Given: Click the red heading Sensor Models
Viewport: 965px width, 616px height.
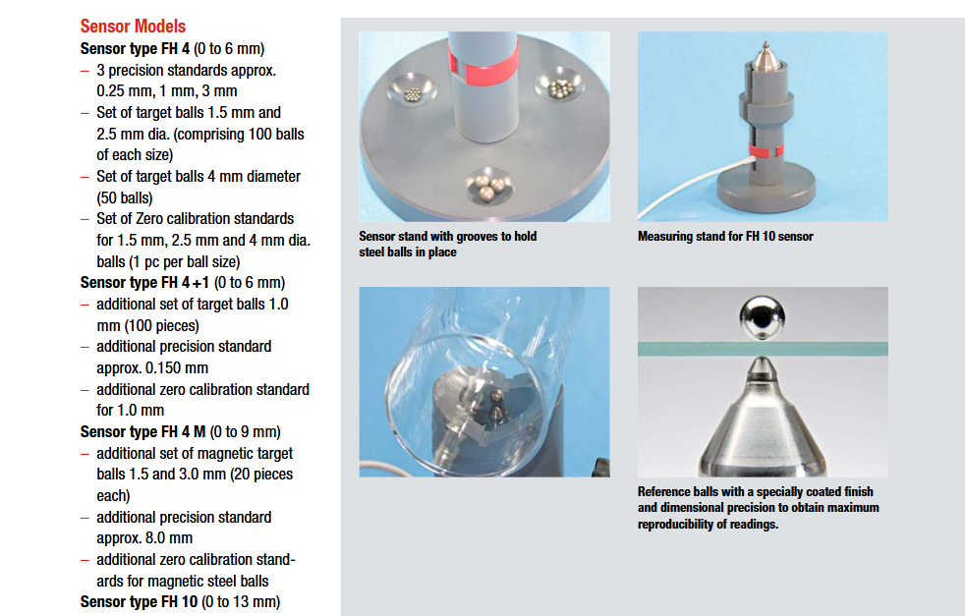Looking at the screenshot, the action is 133,27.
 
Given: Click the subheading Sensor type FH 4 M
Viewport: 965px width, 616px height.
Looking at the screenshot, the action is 142,432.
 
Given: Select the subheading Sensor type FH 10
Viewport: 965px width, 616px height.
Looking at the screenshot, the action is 140,602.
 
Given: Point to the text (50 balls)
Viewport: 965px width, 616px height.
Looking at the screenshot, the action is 125,198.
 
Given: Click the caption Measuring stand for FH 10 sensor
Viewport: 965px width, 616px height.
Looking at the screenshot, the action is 725,237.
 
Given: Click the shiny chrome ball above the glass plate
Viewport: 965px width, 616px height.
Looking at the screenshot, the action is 762,318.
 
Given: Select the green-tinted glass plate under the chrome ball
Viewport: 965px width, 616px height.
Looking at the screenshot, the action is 763,349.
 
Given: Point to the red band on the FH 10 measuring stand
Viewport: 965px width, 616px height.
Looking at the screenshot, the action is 766,150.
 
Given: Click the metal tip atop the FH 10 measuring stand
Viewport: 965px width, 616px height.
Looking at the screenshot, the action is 765,55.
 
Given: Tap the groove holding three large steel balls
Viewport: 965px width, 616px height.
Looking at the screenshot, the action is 489,187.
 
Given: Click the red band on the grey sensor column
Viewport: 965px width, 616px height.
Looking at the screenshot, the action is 483,67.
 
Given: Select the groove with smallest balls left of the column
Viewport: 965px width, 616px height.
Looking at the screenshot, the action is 412,93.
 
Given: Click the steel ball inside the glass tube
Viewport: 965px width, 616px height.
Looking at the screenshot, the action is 495,396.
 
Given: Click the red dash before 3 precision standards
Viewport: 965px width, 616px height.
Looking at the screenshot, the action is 85,71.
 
